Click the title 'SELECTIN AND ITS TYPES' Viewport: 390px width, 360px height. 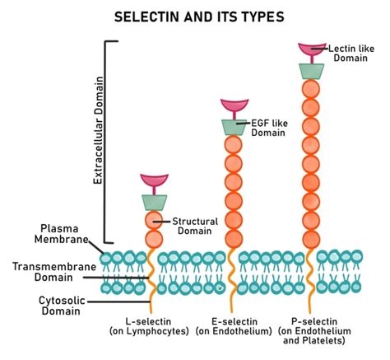pos(195,16)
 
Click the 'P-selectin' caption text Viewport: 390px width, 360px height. pos(313,320)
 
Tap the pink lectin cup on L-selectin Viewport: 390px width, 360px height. pos(154,181)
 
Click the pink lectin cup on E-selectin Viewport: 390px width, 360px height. pos(234,107)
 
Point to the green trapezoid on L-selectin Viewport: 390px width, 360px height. pos(154,201)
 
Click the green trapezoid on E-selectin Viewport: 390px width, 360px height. pos(234,126)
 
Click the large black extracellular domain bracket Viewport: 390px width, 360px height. pos(108,140)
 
